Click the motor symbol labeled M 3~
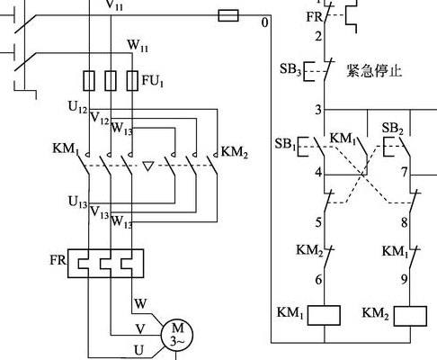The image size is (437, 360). point(177,335)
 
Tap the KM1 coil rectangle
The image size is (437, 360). point(324,315)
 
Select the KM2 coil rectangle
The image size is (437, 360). point(410,316)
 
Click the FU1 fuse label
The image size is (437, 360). point(153,81)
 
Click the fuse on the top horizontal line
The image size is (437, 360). point(228,15)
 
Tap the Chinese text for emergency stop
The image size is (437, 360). point(374,71)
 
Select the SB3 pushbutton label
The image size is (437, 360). point(290,69)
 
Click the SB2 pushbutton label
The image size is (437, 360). point(392,129)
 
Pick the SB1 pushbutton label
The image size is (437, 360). point(285,144)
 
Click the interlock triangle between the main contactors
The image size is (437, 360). point(147,166)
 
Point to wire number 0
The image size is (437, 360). point(264,22)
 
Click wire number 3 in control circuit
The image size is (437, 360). point(318,110)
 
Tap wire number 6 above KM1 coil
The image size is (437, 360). point(318,280)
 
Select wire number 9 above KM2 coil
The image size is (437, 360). point(405,280)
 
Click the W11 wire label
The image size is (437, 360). point(138,46)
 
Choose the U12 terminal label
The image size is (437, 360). point(78,107)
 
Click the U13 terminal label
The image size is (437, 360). point(78,202)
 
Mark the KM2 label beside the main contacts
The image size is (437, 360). point(235,153)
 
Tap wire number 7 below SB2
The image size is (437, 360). point(405,173)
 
